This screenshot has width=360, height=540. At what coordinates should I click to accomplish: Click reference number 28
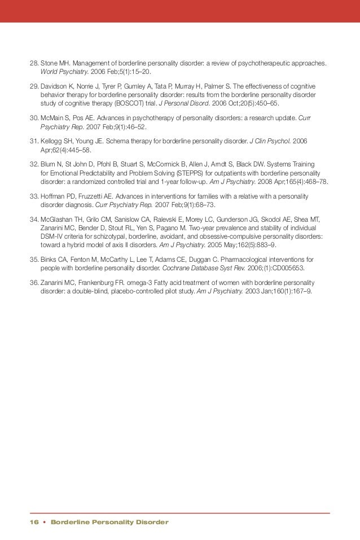point(33,63)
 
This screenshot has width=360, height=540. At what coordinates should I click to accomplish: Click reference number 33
point(33,194)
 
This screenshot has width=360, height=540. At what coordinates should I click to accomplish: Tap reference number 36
point(33,282)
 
